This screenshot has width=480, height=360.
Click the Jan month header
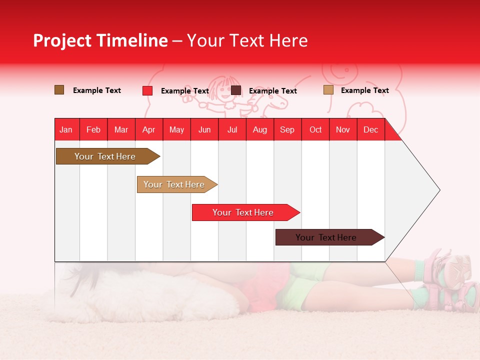(x=66, y=129)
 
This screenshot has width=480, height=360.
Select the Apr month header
(x=148, y=129)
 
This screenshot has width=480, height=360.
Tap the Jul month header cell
(x=232, y=129)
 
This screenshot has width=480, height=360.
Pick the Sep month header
(x=287, y=129)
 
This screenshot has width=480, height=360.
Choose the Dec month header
(x=370, y=129)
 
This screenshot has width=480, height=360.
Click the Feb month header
(x=93, y=129)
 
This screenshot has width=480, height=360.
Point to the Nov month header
(x=343, y=129)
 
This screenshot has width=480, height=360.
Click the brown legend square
(x=59, y=90)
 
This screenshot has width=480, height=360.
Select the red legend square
(x=147, y=90)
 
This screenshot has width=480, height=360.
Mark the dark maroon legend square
(x=236, y=90)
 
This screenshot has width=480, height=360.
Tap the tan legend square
(x=328, y=90)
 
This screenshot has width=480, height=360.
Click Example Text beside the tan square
(x=364, y=90)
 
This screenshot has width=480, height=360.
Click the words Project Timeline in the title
(x=100, y=40)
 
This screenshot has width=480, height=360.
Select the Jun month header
(x=204, y=129)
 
